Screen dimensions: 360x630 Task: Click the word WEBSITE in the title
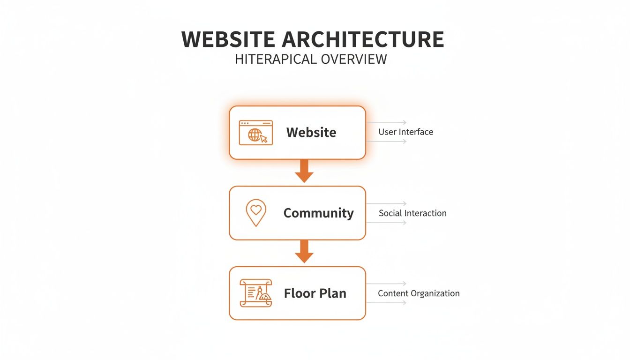228,39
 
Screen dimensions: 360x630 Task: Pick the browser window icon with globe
255,133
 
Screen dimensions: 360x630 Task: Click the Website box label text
311,132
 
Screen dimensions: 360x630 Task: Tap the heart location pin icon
256,213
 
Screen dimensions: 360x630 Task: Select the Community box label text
318,213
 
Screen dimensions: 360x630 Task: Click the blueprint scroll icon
256,293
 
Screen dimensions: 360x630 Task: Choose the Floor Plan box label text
315,293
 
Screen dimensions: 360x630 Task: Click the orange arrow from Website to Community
304,171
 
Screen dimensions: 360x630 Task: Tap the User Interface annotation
405,132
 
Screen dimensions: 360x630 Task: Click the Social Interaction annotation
412,213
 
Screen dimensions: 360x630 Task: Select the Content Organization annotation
419,293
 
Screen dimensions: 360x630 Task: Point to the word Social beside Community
390,213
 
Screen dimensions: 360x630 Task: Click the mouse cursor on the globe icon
264,138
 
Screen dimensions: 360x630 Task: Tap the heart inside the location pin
256,210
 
